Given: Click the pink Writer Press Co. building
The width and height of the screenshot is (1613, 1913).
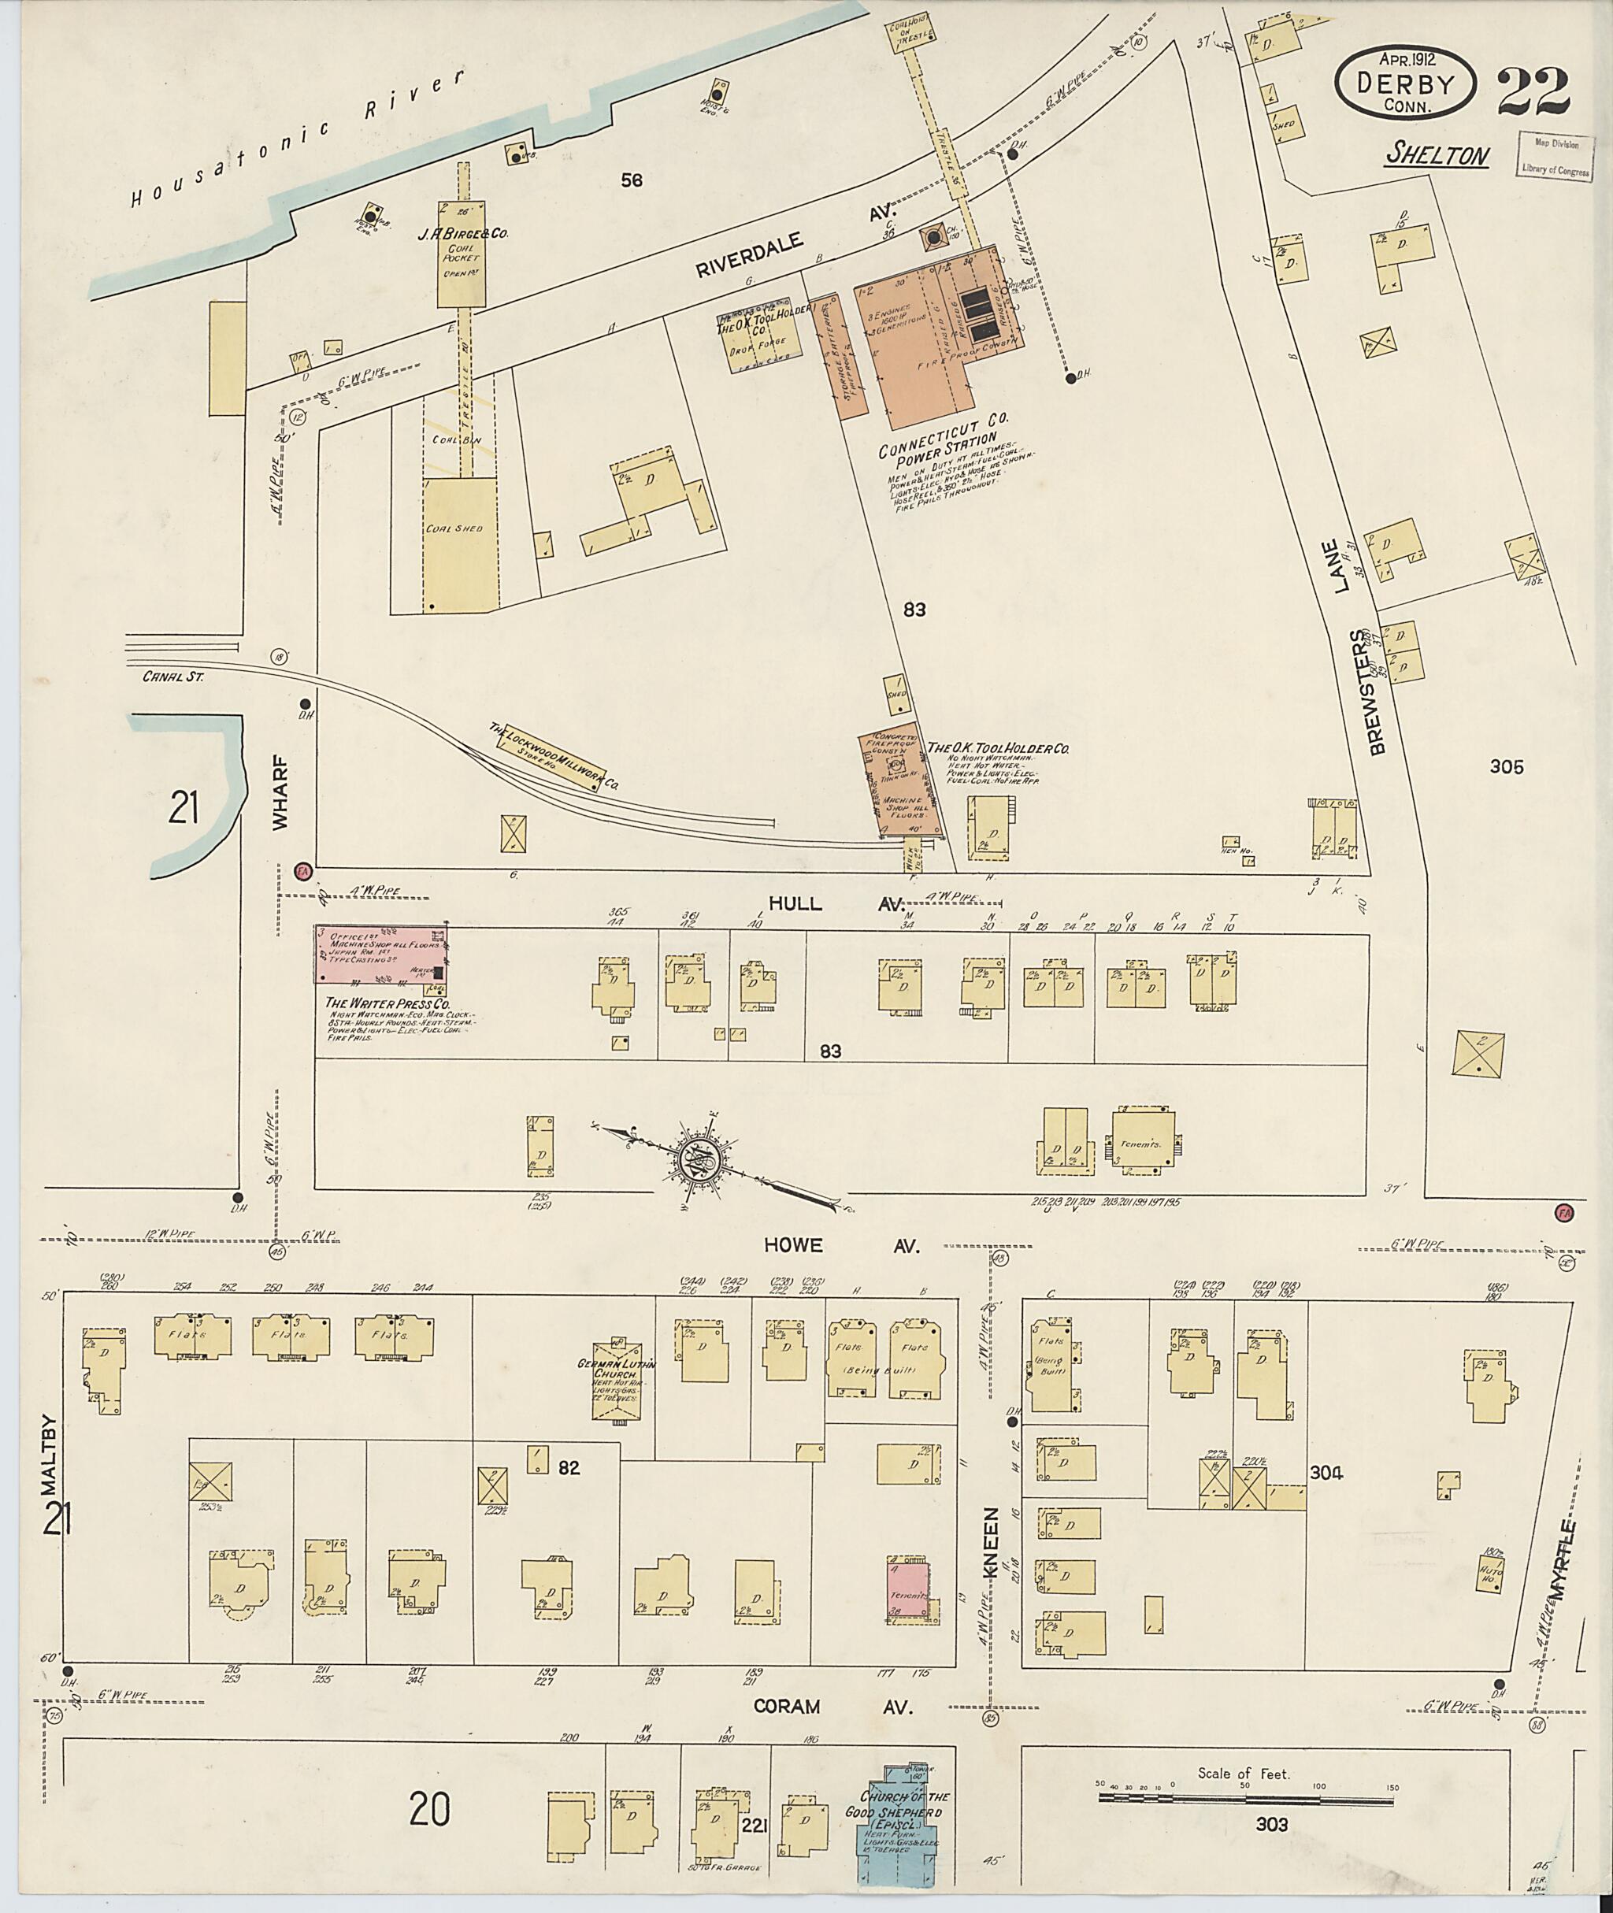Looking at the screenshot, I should click(x=381, y=955).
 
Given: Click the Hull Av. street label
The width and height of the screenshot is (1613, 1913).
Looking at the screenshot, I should click(x=834, y=903).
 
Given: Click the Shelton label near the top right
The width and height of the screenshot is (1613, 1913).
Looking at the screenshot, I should click(x=1437, y=154).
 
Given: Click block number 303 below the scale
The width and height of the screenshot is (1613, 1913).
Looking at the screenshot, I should click(x=1271, y=1826).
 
